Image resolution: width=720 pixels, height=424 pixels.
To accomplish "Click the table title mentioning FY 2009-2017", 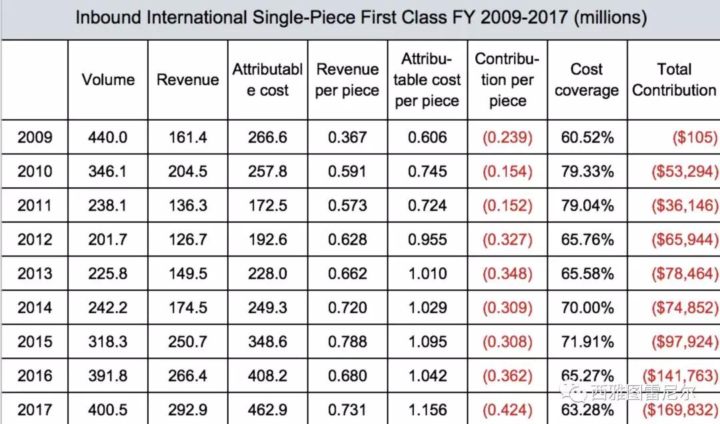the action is [361, 17].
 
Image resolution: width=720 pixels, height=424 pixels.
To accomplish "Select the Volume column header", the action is [109, 79].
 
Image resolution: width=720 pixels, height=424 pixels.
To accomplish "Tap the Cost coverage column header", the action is [587, 79].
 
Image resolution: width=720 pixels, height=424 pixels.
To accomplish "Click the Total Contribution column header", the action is [674, 79].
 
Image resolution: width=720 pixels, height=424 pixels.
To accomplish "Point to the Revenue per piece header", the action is [347, 79].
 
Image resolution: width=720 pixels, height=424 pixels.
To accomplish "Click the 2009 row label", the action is [35, 137].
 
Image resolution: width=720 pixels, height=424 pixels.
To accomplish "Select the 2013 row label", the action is [35, 273].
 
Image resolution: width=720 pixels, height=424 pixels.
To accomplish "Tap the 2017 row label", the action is [35, 409].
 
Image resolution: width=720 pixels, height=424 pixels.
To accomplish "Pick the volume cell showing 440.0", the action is [108, 137].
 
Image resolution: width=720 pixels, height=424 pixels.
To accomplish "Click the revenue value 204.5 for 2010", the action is [187, 171].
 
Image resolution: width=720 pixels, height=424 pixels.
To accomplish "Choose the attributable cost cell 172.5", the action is [267, 205].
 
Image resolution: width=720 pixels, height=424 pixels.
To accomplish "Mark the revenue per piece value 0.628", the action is [347, 239].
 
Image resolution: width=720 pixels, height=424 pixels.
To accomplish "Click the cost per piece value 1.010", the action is [427, 273].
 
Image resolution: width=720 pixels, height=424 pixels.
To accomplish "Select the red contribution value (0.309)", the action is [507, 307].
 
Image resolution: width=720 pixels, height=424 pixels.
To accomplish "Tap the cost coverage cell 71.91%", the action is [587, 341].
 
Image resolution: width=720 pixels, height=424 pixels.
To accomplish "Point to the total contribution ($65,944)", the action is [685, 239].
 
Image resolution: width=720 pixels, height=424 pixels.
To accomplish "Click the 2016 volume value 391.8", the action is [108, 376].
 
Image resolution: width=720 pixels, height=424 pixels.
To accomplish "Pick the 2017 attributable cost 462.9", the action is [267, 409].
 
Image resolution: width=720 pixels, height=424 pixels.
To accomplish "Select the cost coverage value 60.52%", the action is [587, 137].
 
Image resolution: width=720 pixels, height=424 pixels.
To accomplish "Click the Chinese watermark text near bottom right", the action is [643, 393].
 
